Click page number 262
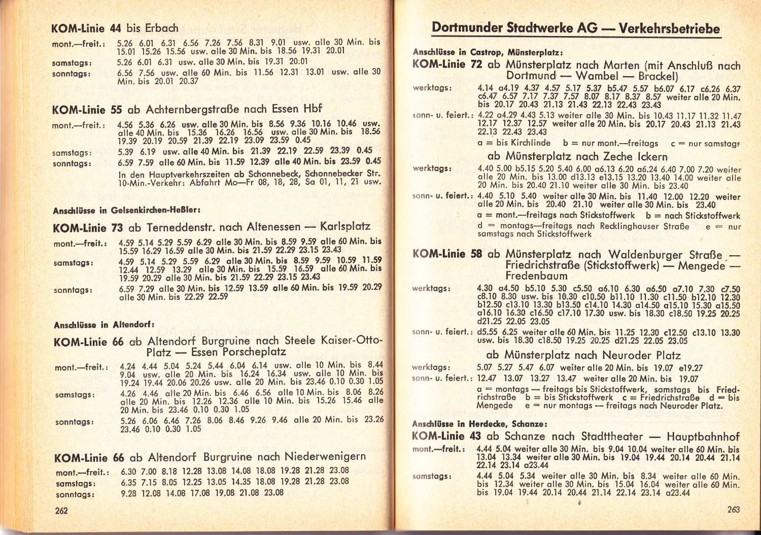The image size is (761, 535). pyautogui.click(x=61, y=511)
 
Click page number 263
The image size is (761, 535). pyautogui.click(x=733, y=509)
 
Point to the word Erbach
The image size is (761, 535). pyautogui.click(x=162, y=28)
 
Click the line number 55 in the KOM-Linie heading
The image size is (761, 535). pyautogui.click(x=116, y=110)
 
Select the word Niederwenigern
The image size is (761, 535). pyautogui.click(x=325, y=456)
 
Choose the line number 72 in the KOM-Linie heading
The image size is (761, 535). pyautogui.click(x=476, y=64)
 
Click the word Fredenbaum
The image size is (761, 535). pyautogui.click(x=536, y=276)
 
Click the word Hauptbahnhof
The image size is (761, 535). pyautogui.click(x=703, y=437)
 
